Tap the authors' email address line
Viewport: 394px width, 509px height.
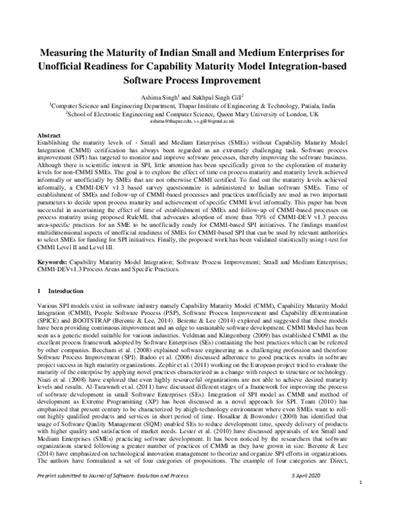pyautogui.click(x=196, y=121)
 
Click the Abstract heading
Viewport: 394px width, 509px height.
pyautogui.click(x=51, y=134)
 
